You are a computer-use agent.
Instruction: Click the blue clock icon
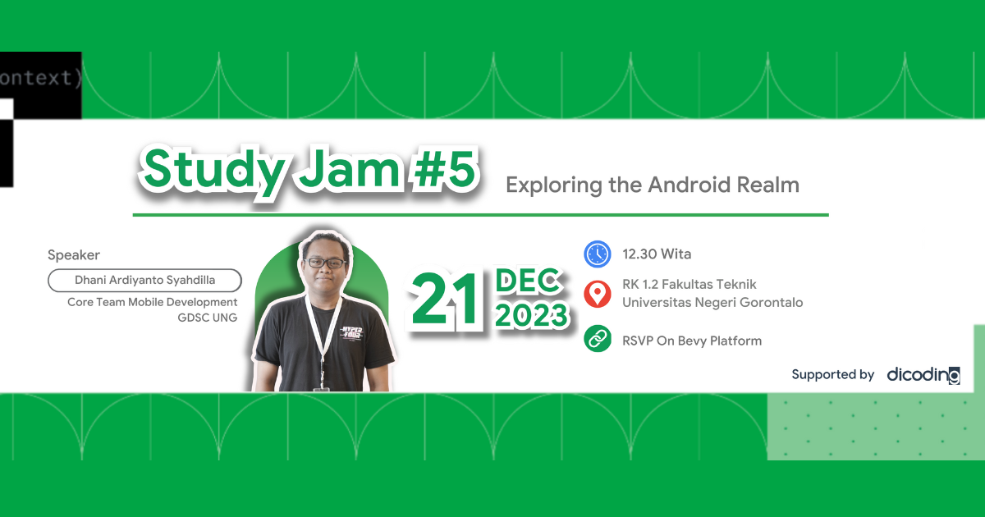point(598,254)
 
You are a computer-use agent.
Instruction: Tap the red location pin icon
point(598,294)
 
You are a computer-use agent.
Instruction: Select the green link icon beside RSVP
point(598,340)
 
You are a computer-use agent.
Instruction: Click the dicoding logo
point(923,375)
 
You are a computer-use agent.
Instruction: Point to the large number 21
point(446,300)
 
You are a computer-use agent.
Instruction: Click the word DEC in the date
point(529,281)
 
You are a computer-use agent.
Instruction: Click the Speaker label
point(74,255)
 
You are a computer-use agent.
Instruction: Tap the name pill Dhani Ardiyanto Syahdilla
point(145,280)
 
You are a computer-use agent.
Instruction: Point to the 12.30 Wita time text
point(657,254)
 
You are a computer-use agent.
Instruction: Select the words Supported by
point(832,374)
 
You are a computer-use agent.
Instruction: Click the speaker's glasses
point(325,263)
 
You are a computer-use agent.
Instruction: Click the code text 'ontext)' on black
point(40,79)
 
